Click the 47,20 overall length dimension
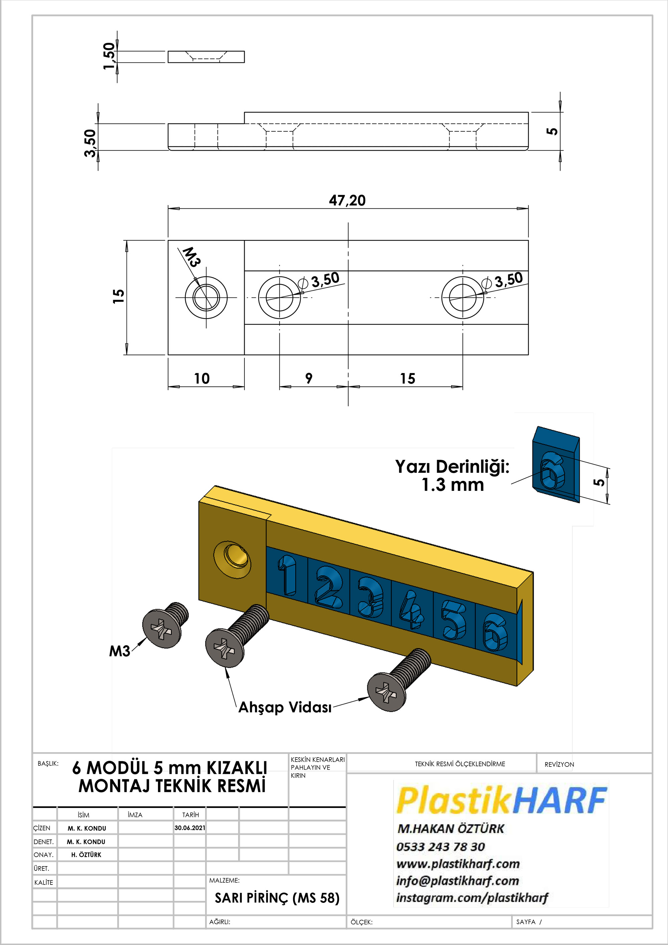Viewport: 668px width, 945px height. point(347,200)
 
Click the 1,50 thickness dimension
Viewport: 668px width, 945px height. point(109,56)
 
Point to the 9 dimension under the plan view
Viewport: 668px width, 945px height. point(309,378)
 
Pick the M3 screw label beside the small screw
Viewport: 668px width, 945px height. point(119,651)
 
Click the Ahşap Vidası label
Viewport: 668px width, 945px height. point(285,707)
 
